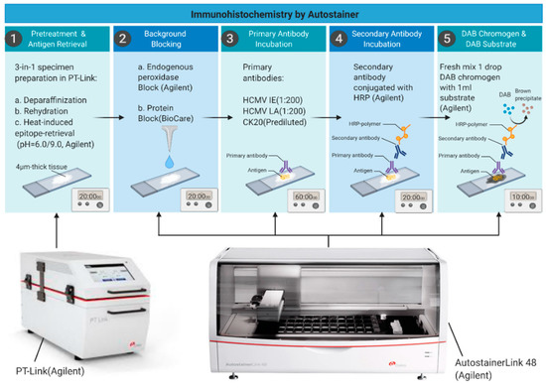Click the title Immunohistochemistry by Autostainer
tap(272, 9)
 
